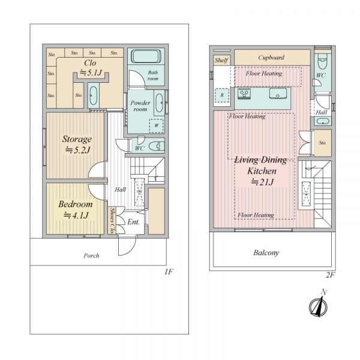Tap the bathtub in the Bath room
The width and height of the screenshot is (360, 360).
[146, 56]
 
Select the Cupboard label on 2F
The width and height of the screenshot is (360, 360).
[271, 58]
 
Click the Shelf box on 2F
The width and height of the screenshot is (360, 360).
[221, 60]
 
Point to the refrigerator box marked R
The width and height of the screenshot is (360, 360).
[222, 95]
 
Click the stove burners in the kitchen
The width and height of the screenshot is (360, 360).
[244, 94]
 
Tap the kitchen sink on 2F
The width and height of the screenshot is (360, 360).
[278, 93]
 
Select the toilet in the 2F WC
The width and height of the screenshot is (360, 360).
[322, 62]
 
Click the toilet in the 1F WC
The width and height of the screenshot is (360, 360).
[157, 146]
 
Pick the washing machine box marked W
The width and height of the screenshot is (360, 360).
[157, 125]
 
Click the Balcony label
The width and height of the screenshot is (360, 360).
[266, 253]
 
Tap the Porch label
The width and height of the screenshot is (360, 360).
[91, 256]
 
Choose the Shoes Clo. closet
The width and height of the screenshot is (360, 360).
[112, 221]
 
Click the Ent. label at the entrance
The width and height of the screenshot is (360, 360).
[133, 222]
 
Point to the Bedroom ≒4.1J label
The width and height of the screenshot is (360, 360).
[76, 209]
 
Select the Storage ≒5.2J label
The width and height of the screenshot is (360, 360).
[77, 145]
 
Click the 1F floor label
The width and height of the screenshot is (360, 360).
[168, 272]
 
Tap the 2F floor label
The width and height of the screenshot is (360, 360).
[331, 275]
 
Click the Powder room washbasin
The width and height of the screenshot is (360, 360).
[159, 103]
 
